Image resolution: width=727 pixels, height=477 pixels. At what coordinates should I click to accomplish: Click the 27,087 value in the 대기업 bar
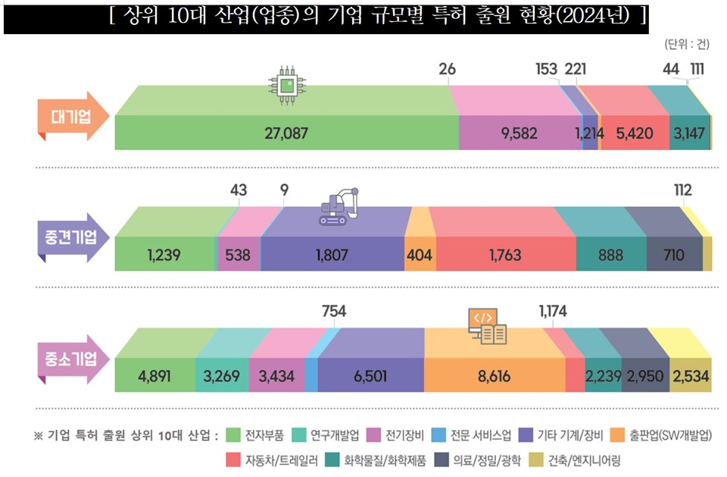[x=286, y=133]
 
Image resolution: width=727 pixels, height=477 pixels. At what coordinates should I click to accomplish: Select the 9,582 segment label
[x=519, y=133]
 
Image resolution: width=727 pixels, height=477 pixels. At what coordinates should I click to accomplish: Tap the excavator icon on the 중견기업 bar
[x=339, y=207]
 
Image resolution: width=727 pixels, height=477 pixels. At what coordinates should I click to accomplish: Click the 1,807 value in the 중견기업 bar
[x=332, y=256]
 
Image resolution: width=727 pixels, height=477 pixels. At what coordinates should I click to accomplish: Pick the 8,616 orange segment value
[x=494, y=375]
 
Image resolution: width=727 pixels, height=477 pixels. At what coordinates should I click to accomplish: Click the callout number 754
[x=335, y=310]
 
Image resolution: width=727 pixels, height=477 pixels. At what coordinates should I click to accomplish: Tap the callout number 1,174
[x=552, y=310]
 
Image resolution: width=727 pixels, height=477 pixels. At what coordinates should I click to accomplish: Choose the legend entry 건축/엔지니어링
[x=584, y=460]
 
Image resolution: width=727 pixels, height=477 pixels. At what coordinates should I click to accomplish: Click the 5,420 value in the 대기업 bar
[x=635, y=133]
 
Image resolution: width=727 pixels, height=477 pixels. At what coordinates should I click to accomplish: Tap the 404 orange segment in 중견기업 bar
[x=420, y=256]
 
